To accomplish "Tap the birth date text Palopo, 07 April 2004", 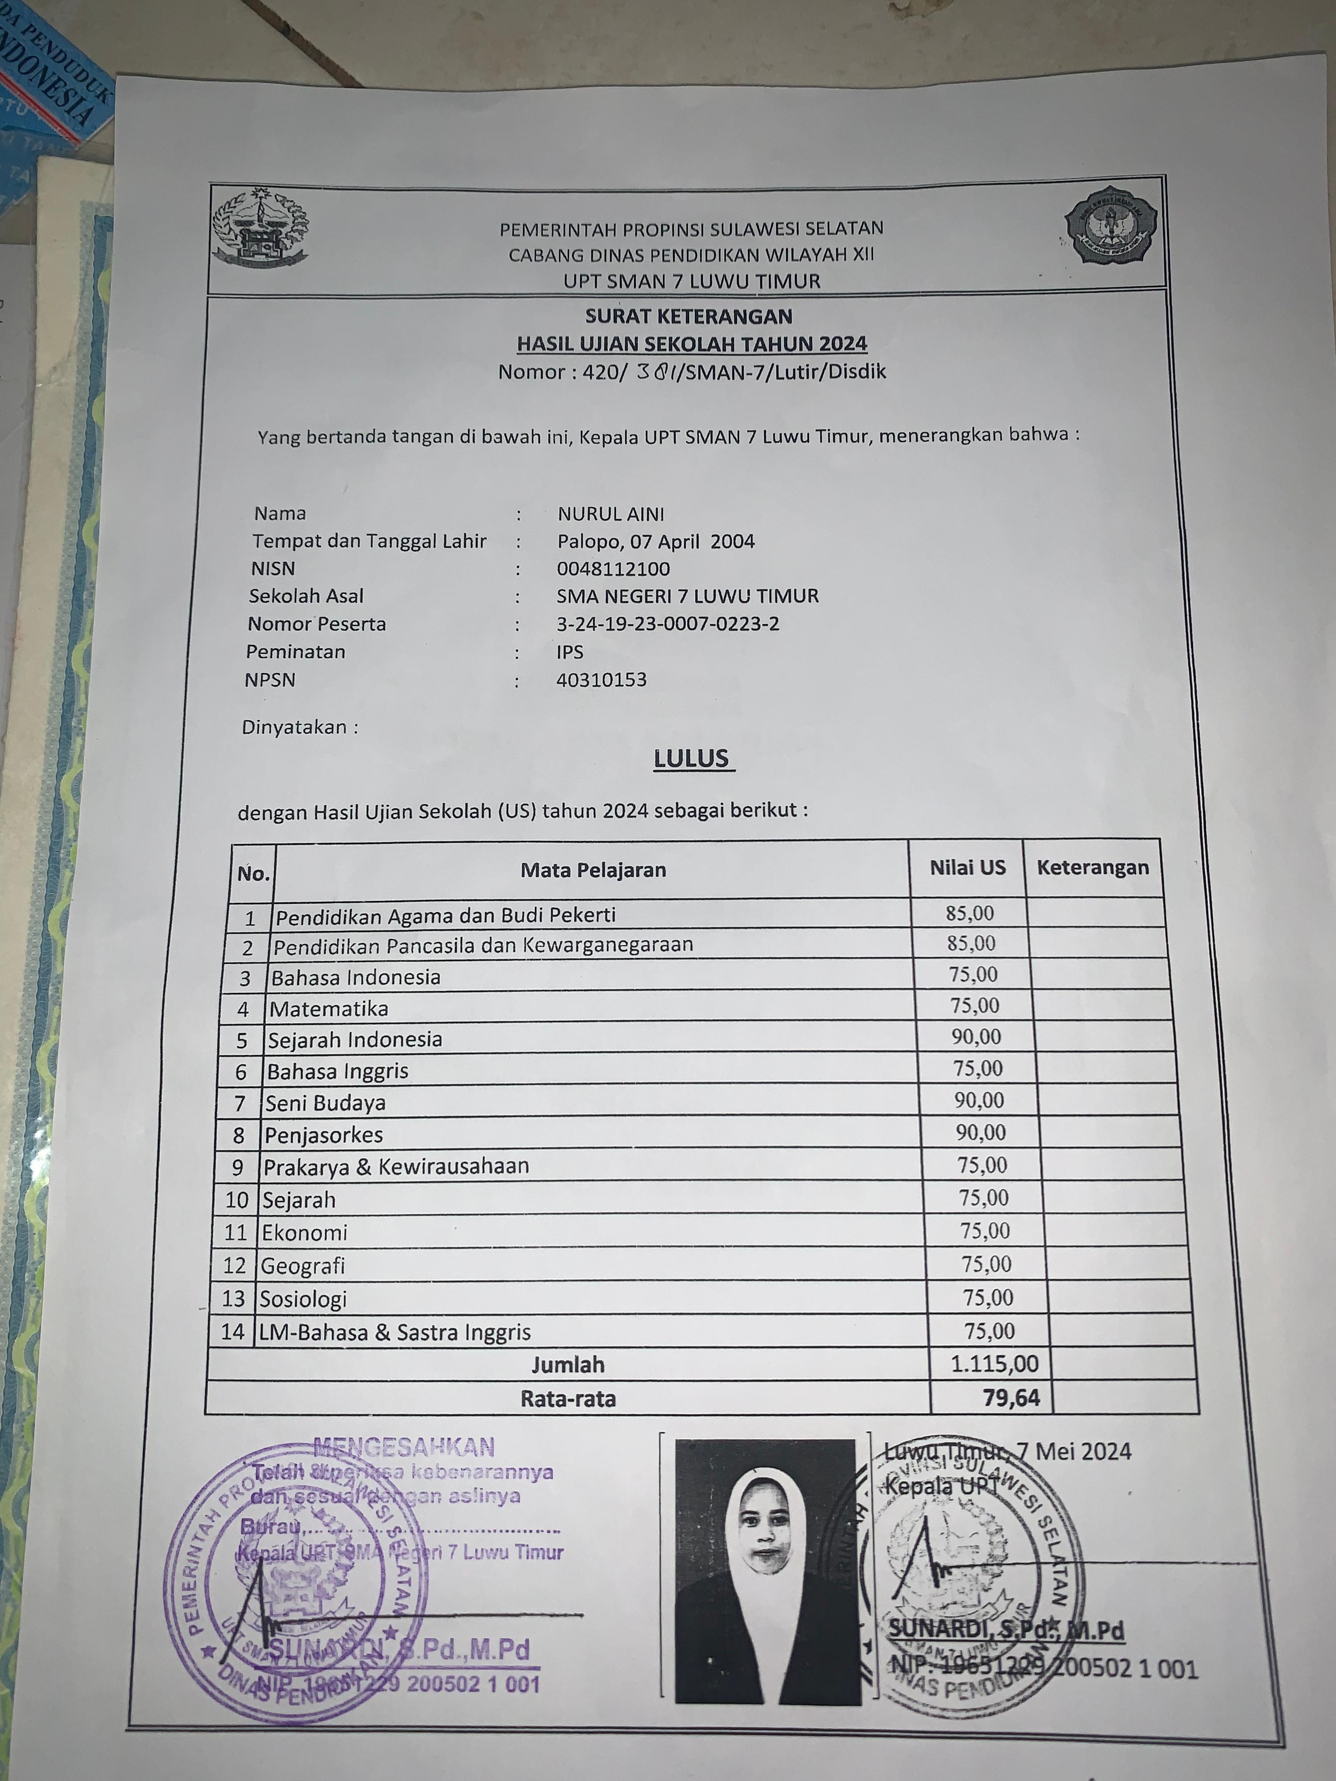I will tap(656, 541).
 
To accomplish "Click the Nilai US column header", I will tap(967, 868).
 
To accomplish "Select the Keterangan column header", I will tap(1092, 868).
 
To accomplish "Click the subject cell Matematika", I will tap(329, 1008).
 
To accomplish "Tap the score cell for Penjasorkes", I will tap(980, 1132).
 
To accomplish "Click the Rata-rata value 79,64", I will tap(1011, 1398).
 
